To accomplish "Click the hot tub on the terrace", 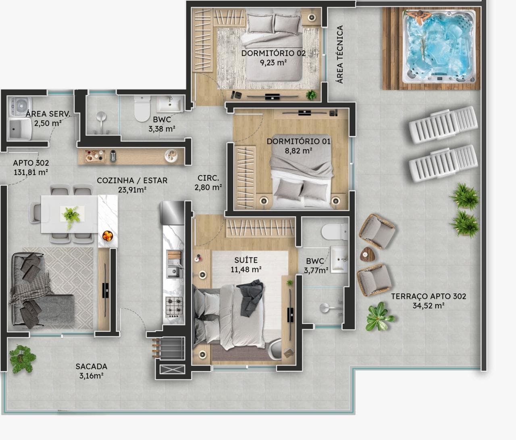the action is [x=439, y=47].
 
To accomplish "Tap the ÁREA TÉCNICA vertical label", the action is [x=340, y=54].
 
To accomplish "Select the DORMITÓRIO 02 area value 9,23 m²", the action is [x=273, y=63].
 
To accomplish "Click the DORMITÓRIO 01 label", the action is [x=299, y=141].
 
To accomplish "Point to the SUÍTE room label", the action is [x=246, y=260].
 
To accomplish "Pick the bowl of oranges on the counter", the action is [x=108, y=236].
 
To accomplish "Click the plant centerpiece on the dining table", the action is [x=72, y=216].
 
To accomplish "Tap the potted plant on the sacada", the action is [x=22, y=359].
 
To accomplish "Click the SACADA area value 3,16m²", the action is [x=92, y=376].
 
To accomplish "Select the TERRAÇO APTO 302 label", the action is [x=429, y=296].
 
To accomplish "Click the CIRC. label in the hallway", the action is [x=208, y=178].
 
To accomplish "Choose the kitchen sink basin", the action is [x=174, y=271].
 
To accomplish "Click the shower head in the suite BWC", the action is [x=325, y=308].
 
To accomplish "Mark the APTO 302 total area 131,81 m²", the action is [x=31, y=172].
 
